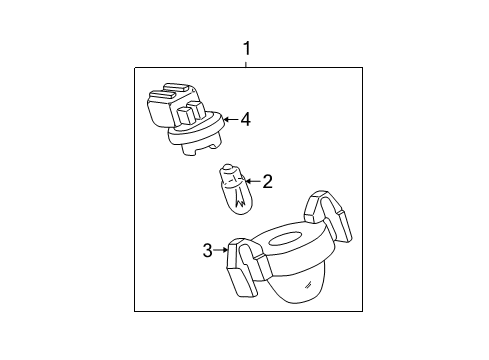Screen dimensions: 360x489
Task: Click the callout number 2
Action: (267, 181)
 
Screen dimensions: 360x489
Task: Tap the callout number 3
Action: (207, 250)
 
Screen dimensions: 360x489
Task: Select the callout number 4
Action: (245, 119)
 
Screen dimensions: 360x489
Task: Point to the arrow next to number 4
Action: (229, 119)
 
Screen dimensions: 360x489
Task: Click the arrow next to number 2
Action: (252, 181)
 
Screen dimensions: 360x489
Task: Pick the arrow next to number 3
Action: (222, 250)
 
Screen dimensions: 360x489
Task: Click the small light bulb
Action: (236, 191)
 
